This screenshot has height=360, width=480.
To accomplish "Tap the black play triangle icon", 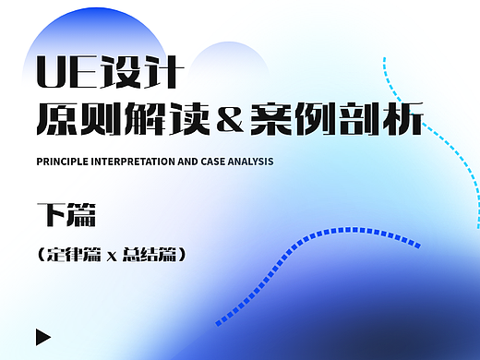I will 42,336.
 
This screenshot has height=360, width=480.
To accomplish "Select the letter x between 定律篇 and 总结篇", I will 112,253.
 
